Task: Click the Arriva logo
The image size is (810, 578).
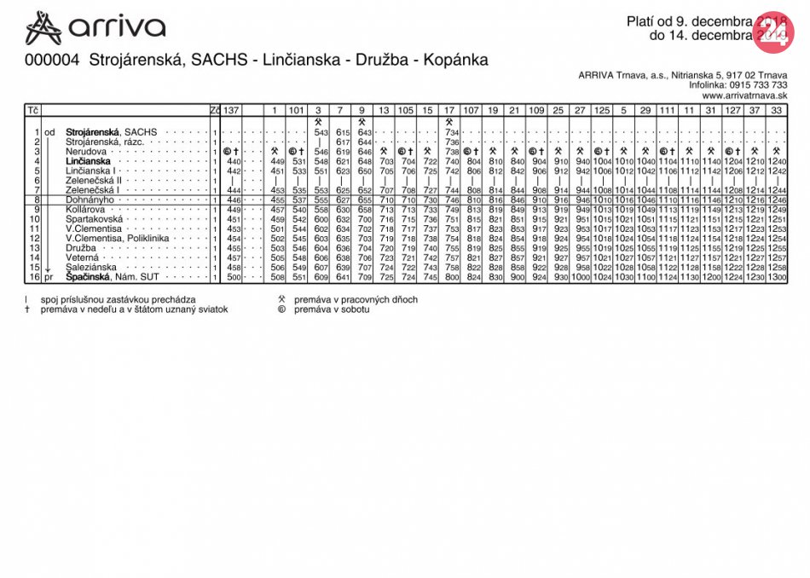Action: (95, 28)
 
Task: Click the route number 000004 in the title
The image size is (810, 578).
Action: (53, 61)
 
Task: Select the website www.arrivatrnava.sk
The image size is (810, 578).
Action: (744, 95)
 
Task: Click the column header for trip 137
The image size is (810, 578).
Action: (232, 110)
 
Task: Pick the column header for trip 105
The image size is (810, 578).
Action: (406, 110)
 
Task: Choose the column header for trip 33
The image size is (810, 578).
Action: (776, 110)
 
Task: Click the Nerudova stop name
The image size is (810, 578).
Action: (85, 152)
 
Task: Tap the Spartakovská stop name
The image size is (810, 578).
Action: (94, 219)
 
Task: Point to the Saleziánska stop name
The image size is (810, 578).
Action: (92, 267)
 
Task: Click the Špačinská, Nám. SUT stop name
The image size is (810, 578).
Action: (113, 277)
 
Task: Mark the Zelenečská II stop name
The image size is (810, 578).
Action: (94, 181)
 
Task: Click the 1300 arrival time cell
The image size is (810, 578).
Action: (776, 277)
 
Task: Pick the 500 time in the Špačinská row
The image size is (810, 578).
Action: (234, 277)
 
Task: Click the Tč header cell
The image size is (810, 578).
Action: (32, 110)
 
